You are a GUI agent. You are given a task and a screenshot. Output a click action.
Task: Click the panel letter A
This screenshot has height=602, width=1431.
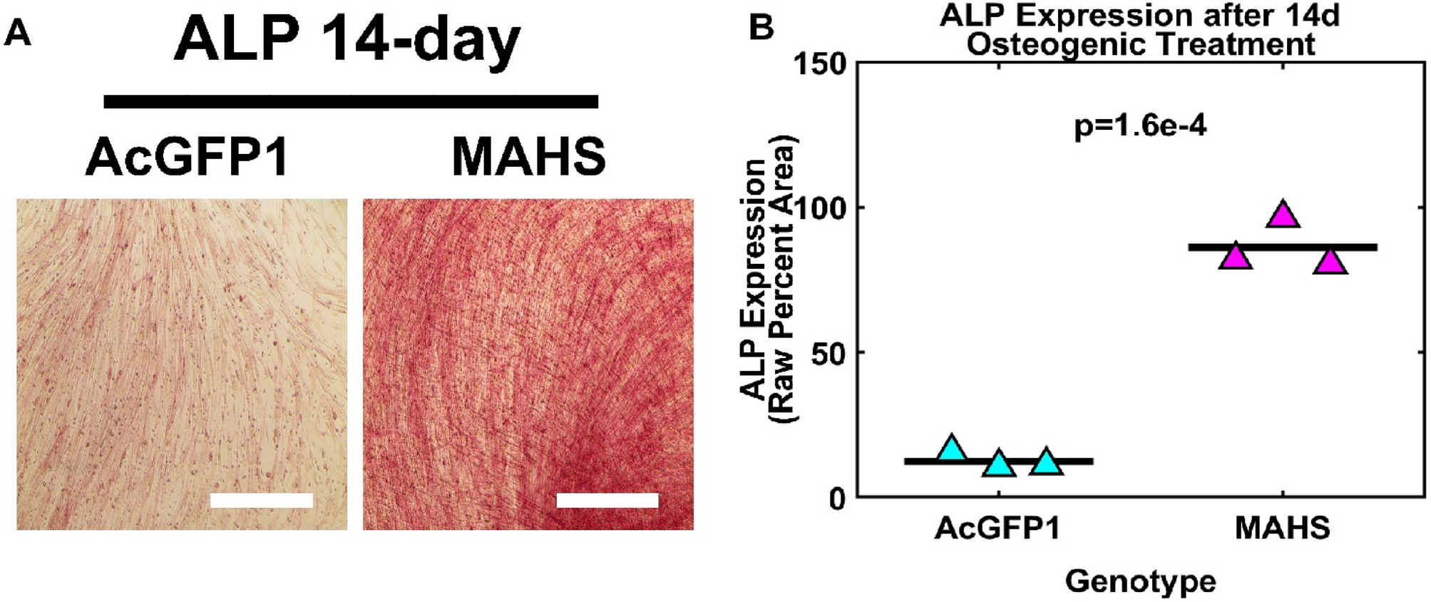[17, 33]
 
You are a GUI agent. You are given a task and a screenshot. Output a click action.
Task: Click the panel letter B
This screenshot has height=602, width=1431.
[761, 29]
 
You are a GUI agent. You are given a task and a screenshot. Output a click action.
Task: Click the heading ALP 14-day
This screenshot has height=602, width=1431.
[347, 41]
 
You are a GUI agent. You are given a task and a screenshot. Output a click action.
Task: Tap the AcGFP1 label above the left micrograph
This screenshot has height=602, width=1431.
[187, 157]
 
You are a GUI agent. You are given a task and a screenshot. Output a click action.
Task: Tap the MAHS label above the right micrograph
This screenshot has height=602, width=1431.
[528, 157]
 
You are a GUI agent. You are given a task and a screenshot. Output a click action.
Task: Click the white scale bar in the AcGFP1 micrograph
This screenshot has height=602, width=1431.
[261, 500]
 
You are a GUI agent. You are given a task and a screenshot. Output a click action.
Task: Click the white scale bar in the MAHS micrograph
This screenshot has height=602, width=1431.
[607, 500]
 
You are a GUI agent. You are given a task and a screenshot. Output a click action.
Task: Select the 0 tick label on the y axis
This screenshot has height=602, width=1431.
[837, 499]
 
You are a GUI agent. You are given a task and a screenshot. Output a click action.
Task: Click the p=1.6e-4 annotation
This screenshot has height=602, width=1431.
[1139, 127]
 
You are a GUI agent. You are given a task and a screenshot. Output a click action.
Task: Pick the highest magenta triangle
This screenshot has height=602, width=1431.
[1283, 215]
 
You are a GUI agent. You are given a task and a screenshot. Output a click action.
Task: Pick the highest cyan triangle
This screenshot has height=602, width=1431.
[952, 448]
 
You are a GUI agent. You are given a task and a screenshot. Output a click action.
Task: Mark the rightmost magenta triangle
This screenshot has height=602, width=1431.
[1330, 262]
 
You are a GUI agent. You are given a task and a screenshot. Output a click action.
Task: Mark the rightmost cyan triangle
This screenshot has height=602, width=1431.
[1046, 462]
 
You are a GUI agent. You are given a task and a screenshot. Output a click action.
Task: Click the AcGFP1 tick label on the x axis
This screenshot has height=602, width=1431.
[997, 529]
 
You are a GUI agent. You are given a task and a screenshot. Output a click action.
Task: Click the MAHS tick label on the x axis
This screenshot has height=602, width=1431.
[1282, 529]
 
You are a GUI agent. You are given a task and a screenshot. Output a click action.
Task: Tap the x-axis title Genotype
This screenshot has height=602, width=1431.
[1139, 581]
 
